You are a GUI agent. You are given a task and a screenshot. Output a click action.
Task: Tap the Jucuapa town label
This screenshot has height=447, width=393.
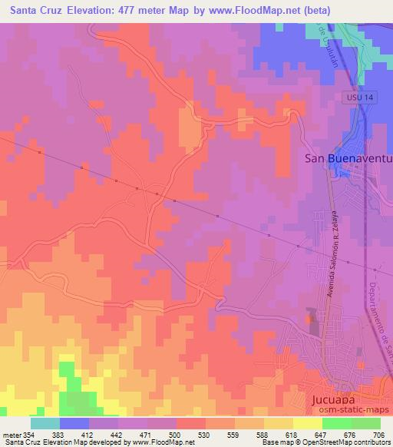coord(336,401)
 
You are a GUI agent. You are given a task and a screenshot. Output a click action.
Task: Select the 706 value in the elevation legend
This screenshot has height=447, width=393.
coord(379,435)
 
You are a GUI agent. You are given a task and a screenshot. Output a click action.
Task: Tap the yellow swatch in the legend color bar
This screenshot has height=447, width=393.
coord(278,423)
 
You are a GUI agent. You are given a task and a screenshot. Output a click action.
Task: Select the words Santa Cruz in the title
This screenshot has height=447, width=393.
coord(35,11)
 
